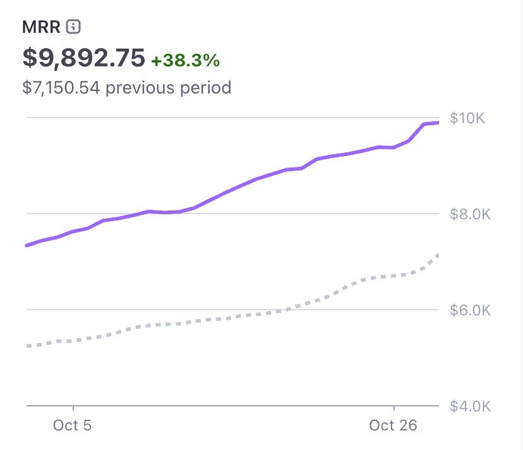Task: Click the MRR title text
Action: [41, 27]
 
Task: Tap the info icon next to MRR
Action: [74, 27]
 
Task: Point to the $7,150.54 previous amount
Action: [61, 87]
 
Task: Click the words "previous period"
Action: [168, 87]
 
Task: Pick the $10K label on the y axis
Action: [467, 118]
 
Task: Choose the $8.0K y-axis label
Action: [470, 214]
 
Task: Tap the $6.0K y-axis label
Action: [470, 310]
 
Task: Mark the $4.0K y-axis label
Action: [470, 406]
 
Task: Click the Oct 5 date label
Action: [72, 425]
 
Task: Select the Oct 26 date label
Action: [393, 425]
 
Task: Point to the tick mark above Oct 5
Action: [73, 409]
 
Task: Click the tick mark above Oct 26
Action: [394, 409]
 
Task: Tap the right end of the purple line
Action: [437, 122]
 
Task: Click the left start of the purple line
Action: [27, 245]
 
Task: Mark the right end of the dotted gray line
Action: [437, 255]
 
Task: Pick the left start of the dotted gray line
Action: [27, 346]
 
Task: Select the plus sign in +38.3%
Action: [155, 61]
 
